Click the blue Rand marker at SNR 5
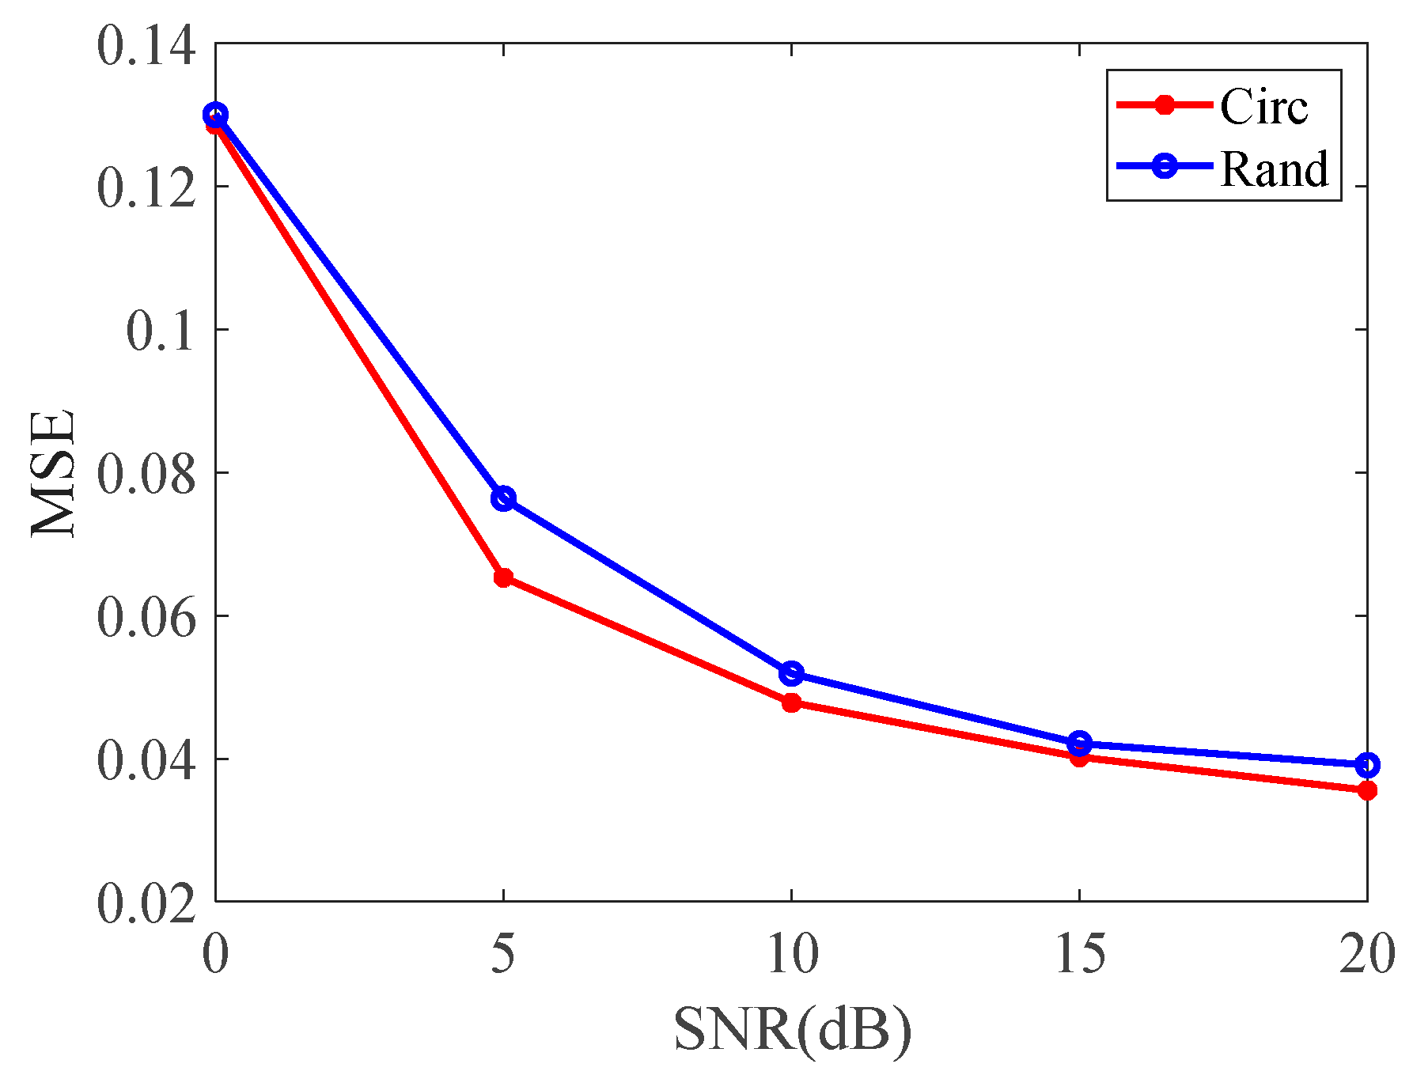(x=503, y=498)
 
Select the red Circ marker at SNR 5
(x=503, y=577)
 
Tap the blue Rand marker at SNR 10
(x=791, y=673)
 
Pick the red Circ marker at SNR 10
(x=791, y=702)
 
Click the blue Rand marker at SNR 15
(x=1079, y=744)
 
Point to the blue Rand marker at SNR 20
(x=1367, y=765)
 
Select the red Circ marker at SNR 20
(x=1367, y=790)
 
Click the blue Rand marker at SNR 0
(x=215, y=115)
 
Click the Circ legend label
(x=1263, y=106)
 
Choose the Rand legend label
(x=1274, y=168)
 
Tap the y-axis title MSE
(x=54, y=473)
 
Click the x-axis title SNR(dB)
(x=792, y=1030)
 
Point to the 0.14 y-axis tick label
(x=146, y=46)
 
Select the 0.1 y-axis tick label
(x=161, y=331)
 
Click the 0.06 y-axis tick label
(x=146, y=617)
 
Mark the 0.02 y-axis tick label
(x=146, y=903)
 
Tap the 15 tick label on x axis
(x=1080, y=954)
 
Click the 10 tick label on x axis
(x=792, y=954)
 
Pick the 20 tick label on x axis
(x=1366, y=954)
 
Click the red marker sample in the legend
(x=1164, y=105)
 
